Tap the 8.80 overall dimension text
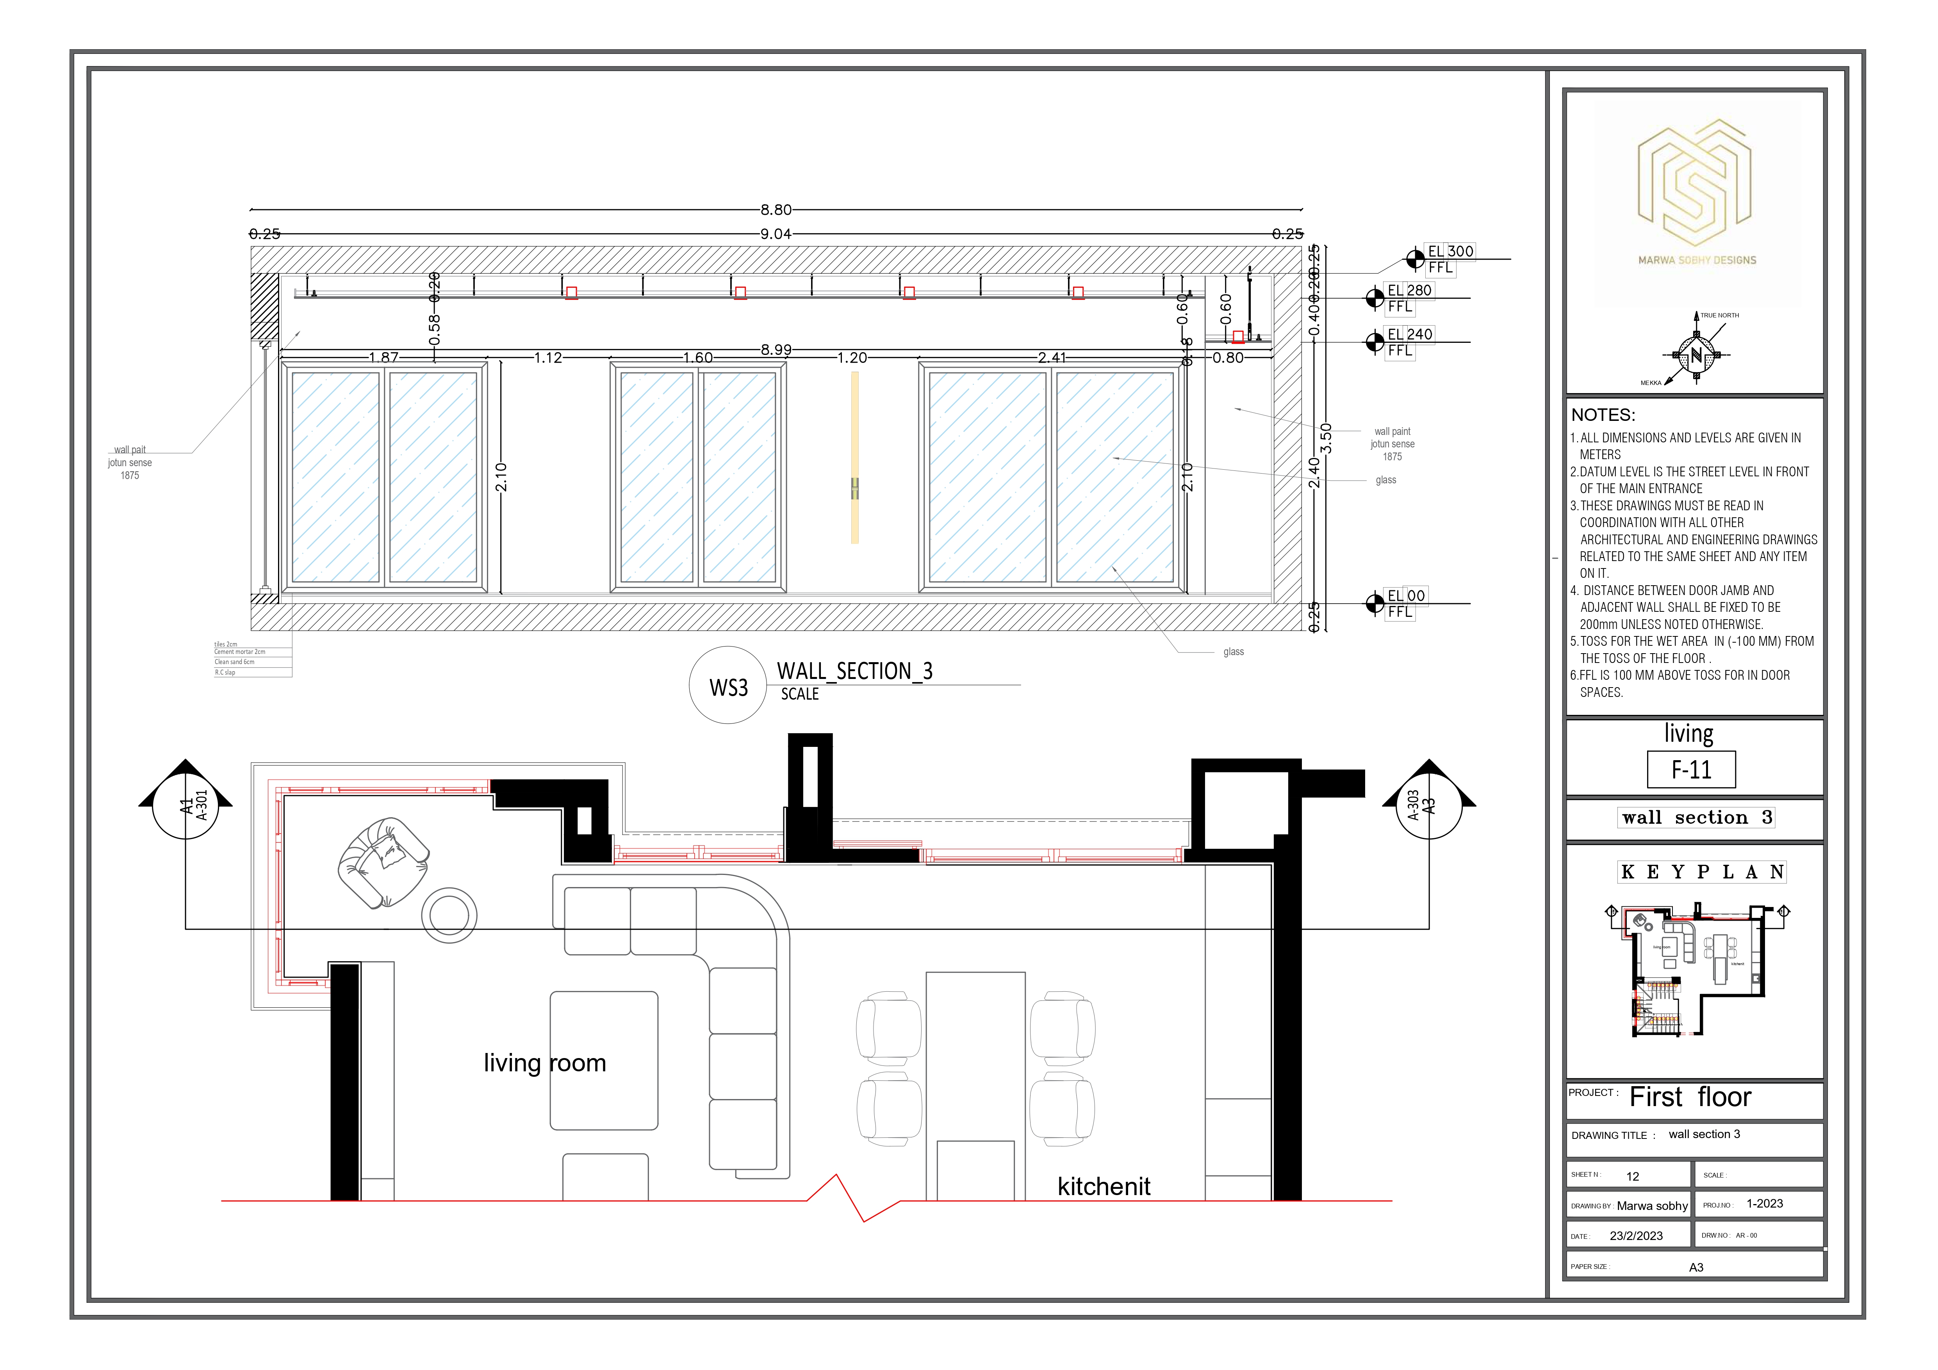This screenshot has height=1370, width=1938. tap(776, 209)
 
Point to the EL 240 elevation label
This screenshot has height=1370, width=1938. tap(1410, 334)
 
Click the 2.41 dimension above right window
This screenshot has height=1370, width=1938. tap(1052, 357)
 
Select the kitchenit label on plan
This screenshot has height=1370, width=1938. tap(1103, 1186)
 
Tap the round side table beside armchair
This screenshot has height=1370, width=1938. tap(449, 914)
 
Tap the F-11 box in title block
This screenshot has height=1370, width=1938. tap(1691, 770)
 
